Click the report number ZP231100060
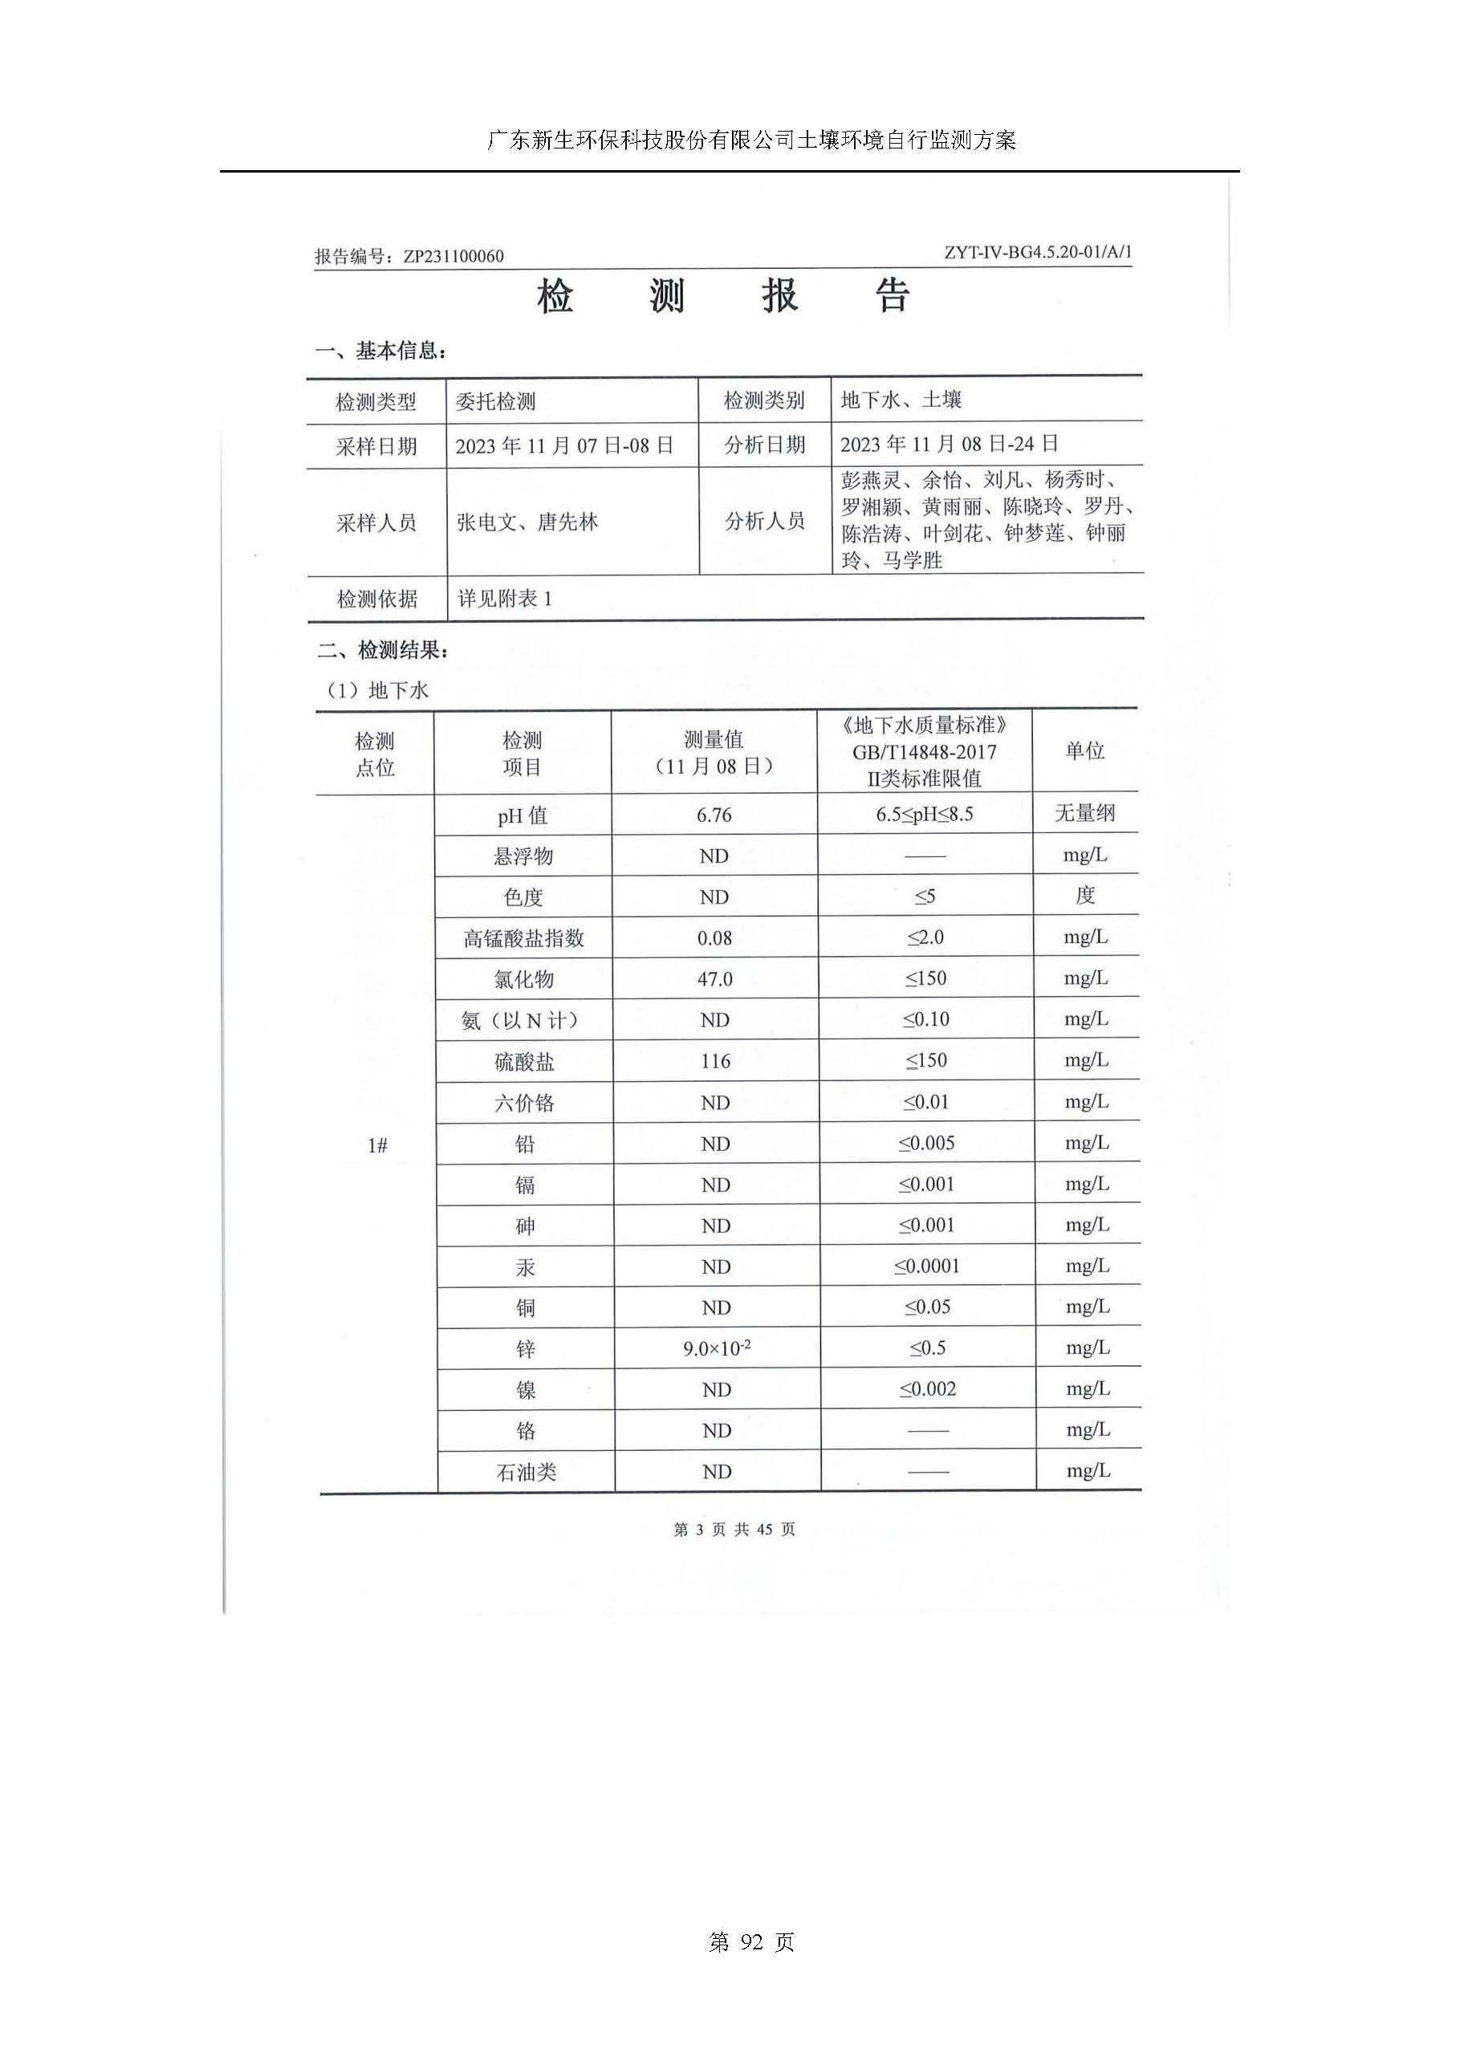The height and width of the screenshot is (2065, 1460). point(453,256)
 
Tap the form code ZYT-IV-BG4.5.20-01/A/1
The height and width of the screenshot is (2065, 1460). point(1037,253)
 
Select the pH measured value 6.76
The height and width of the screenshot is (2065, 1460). point(714,815)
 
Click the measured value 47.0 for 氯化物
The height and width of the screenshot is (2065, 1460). point(715,979)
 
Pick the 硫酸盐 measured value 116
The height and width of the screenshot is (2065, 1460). point(715,1061)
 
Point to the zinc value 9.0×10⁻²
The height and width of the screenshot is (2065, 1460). point(717,1349)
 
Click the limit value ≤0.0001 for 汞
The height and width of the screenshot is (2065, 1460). point(926,1266)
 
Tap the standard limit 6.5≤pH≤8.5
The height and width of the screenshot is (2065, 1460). point(925,815)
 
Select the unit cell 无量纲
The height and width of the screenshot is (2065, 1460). point(1085,814)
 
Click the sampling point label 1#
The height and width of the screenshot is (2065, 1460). point(377,1145)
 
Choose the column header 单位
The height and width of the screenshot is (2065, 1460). point(1085,751)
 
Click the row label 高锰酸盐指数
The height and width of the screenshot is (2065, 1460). point(523,939)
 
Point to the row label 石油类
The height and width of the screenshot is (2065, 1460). point(527,1472)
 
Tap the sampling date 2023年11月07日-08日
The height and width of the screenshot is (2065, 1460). point(564,446)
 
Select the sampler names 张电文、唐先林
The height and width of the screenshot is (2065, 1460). point(527,522)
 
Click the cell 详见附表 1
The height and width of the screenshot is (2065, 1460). point(505,599)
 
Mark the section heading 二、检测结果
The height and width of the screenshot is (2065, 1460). point(382,650)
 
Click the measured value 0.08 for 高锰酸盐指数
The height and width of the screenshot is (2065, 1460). point(715,939)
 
